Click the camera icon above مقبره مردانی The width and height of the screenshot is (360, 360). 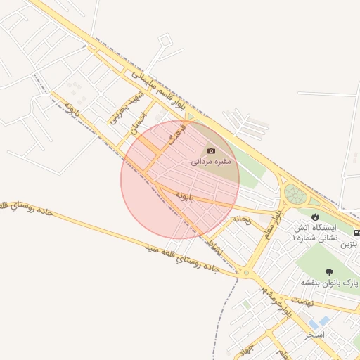click(x=210, y=151)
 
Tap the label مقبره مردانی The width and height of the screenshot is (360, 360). click(x=212, y=162)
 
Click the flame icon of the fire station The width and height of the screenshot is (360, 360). click(x=314, y=217)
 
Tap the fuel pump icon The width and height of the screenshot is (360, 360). click(x=357, y=233)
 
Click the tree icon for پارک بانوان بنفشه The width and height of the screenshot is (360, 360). click(x=329, y=271)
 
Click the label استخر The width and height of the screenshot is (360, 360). click(x=314, y=335)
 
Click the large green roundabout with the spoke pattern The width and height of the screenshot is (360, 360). click(x=294, y=194)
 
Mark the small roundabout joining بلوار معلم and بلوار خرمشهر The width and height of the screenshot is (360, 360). click(x=246, y=273)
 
